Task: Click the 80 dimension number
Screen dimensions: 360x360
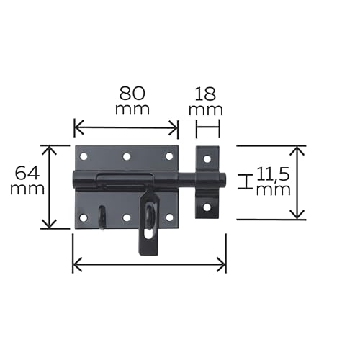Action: (132, 94)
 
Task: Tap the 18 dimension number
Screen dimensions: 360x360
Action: (205, 94)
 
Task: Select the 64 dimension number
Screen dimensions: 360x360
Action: (27, 174)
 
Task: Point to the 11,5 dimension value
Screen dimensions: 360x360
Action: (273, 174)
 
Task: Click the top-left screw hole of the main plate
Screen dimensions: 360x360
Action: (84, 157)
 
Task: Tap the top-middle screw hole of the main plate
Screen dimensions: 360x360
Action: (127, 157)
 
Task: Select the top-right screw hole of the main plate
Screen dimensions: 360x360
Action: (169, 156)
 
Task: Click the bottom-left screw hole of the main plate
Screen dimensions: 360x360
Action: (84, 218)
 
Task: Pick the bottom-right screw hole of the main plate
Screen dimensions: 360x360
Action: (169, 217)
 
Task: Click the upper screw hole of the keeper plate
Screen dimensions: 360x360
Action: (207, 159)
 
